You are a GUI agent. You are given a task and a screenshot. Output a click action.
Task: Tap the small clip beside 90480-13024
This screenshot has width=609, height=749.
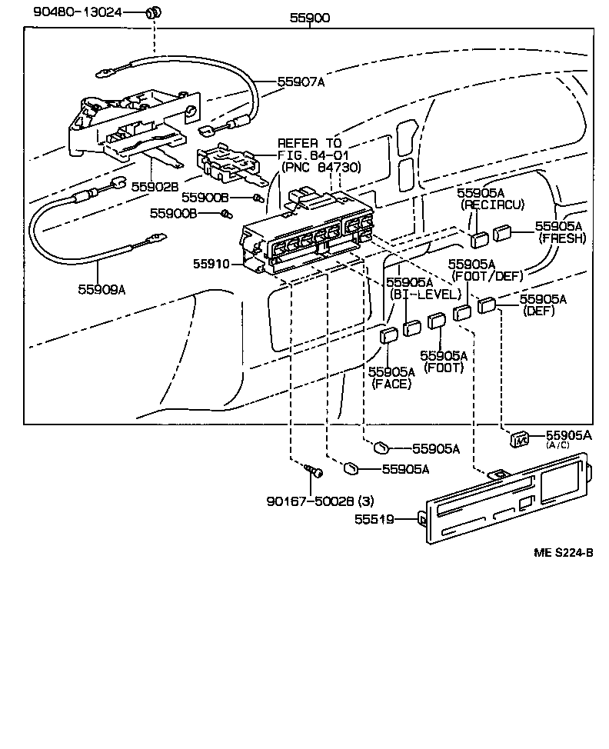153,12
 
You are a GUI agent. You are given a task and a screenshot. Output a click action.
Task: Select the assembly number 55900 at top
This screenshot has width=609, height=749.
310,18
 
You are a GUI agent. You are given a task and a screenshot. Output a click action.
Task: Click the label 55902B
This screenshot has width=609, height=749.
155,186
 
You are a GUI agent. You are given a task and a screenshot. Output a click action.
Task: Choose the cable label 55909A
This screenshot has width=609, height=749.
101,289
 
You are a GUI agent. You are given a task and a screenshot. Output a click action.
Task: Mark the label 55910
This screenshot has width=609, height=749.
211,264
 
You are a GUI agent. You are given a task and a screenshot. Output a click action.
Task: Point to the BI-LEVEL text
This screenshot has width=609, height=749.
424,295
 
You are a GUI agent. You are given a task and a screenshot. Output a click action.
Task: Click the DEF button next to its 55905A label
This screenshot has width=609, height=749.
486,305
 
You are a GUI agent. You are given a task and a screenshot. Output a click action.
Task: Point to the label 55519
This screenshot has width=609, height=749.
374,520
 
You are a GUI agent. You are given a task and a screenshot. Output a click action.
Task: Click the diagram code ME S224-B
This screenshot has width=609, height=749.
564,552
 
